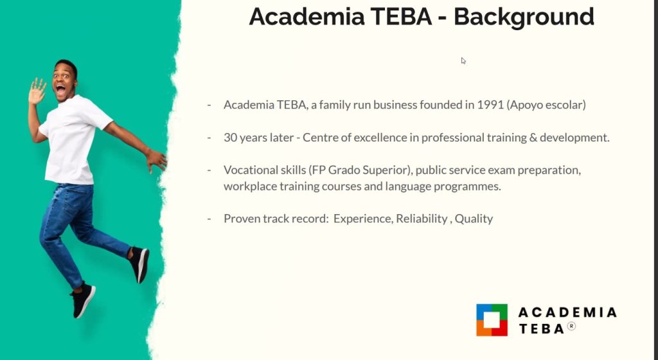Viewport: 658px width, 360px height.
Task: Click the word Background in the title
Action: (x=524, y=17)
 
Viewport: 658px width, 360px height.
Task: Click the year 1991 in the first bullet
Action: (x=490, y=105)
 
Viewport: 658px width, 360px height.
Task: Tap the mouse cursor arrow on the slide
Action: (x=463, y=61)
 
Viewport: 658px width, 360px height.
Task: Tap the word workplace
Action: (x=250, y=186)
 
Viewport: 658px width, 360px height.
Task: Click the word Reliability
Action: (x=422, y=219)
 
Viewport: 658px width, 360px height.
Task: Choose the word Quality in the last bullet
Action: (x=474, y=219)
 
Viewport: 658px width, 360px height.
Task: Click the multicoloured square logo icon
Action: (x=492, y=320)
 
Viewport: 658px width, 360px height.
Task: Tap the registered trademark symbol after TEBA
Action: (x=571, y=326)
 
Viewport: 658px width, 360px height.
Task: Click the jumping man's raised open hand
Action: (x=37, y=91)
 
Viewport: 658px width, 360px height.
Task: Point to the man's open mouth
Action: (x=61, y=90)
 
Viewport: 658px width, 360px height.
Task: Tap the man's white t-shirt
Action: (x=71, y=138)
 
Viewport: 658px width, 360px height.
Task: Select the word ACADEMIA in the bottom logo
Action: (x=567, y=312)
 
